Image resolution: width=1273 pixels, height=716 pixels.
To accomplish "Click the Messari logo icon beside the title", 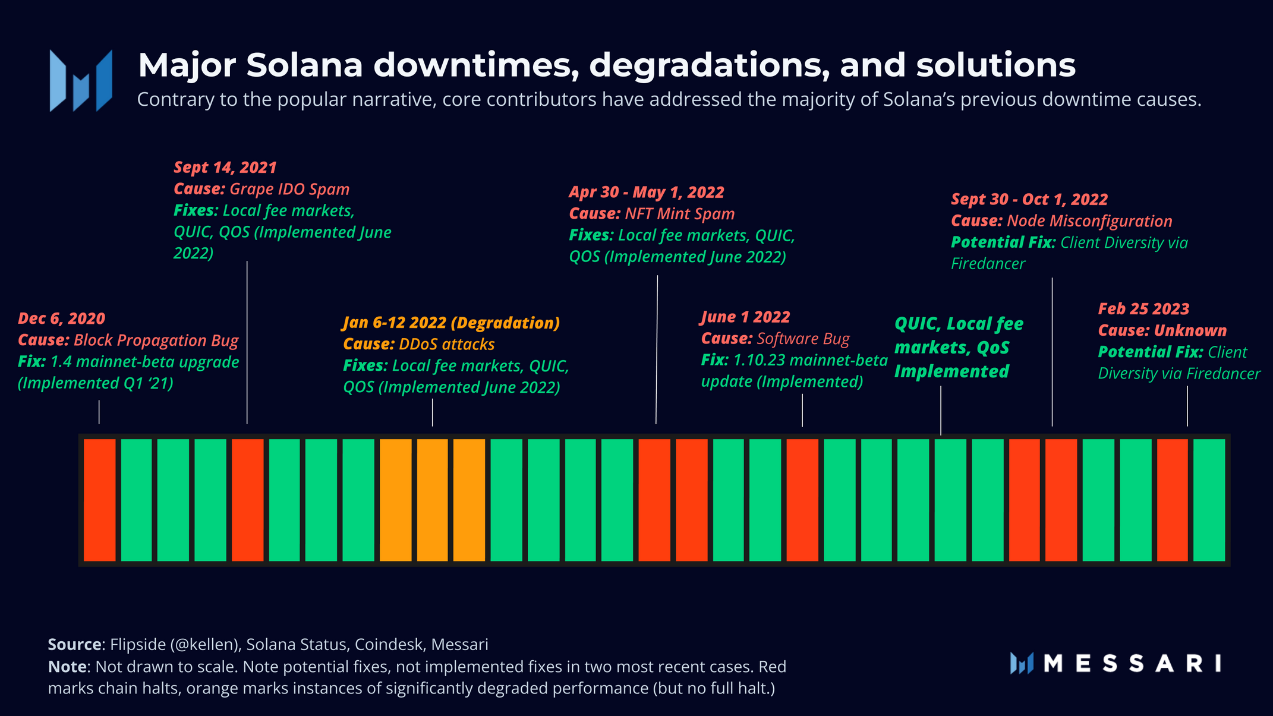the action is tap(81, 81).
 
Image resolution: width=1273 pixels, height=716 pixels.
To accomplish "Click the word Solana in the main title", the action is tap(304, 65).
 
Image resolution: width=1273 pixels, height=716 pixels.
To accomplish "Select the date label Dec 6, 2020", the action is tap(62, 318).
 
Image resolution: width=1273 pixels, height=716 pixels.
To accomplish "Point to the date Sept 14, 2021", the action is tap(225, 168).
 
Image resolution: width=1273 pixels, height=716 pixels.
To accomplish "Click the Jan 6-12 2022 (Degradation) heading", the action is tap(452, 323).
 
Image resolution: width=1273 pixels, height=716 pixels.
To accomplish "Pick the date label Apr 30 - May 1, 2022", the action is tap(647, 193).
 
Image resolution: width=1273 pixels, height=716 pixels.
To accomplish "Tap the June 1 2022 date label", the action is tap(746, 317).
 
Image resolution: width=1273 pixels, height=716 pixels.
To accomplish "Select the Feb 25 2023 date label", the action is tap(1143, 309).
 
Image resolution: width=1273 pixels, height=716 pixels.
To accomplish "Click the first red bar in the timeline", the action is tap(100, 500).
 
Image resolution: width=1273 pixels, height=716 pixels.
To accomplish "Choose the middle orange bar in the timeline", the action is tap(432, 500).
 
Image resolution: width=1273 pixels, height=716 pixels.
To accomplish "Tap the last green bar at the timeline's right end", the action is tap(1209, 500).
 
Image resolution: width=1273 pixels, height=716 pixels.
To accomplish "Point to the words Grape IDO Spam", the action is tap(289, 190).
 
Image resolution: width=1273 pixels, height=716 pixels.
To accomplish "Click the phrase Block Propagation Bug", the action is tap(156, 340).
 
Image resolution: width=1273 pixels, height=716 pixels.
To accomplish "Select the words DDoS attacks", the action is tap(447, 345).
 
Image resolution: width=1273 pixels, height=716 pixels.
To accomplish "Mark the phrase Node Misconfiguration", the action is tap(1089, 221).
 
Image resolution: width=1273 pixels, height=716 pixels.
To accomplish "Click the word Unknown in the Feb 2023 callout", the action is tap(1190, 331).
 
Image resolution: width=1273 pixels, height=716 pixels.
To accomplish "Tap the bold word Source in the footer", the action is tap(74, 645).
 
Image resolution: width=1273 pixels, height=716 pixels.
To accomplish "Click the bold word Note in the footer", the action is tap(67, 667).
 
